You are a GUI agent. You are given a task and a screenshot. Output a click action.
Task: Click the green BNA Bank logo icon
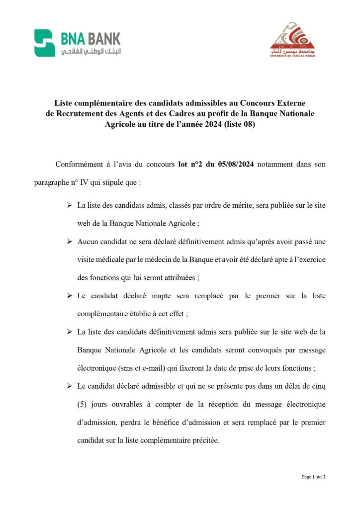tap(44, 43)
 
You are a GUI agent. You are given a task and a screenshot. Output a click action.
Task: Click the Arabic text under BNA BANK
tap(90, 52)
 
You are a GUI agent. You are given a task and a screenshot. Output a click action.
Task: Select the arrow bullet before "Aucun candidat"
tap(69, 241)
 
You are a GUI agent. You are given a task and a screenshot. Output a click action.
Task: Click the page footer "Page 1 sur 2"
tap(314, 477)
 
